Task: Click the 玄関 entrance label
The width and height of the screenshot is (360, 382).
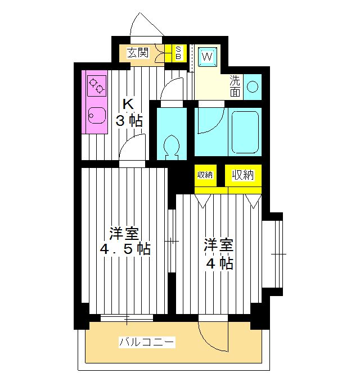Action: pos(137,53)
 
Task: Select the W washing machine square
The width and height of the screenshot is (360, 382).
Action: pos(208,56)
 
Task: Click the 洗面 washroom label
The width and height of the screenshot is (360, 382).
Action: pos(235,85)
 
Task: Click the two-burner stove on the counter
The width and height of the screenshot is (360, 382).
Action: pos(97,85)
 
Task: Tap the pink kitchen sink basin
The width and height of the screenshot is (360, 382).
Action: pos(96,116)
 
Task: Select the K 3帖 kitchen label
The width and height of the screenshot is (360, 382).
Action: pos(129,112)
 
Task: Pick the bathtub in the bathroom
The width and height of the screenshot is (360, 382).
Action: pos(244,131)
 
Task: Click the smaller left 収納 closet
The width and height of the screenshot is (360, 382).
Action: pos(205,175)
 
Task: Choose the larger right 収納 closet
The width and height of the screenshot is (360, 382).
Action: pos(243,175)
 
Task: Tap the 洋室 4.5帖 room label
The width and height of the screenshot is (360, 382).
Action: pos(124,241)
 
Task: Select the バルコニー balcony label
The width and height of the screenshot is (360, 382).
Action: pos(147,342)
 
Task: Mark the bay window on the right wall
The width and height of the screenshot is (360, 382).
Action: pos(275,254)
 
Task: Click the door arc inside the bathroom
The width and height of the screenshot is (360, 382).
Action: pos(209,120)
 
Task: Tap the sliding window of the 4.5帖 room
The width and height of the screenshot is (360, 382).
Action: pos(127,319)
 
